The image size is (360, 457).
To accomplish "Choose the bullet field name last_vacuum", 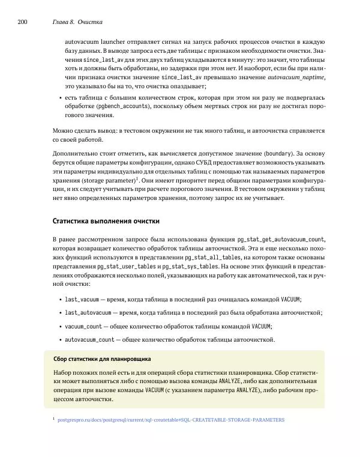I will pyautogui.click(x=82, y=299).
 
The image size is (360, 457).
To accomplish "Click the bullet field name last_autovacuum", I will pyautogui.click(x=88, y=313).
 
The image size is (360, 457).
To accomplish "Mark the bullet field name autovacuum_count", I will pyautogui.click(x=89, y=340).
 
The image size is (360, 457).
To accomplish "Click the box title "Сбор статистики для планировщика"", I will pyautogui.click(x=101, y=359).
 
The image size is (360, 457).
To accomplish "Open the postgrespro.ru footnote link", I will pyautogui.click(x=170, y=419).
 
